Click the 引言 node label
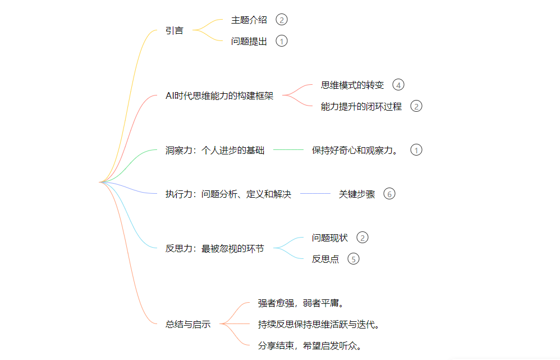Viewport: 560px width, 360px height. [x=175, y=31]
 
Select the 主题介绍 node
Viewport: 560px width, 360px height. [x=249, y=20]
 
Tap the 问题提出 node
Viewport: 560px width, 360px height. [x=249, y=41]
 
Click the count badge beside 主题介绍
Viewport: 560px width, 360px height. [x=282, y=20]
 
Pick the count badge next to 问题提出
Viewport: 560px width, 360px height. [x=282, y=41]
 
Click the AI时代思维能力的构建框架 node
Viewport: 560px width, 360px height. [x=219, y=96]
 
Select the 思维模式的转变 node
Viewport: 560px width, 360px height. [x=352, y=85]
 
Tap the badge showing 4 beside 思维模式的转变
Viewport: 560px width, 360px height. [x=398, y=85]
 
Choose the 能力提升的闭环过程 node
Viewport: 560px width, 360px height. [x=361, y=106]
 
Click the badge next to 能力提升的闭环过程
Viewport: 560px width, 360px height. [x=416, y=106]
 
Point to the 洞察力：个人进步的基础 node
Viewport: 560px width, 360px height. [x=215, y=150]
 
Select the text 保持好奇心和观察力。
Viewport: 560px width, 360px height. [x=355, y=150]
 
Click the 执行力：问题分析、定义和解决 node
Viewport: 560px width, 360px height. [x=228, y=194]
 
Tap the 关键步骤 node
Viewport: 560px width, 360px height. [x=357, y=194]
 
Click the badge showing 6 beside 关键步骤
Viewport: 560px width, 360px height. [x=389, y=194]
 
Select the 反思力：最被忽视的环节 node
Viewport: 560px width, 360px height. [x=215, y=248]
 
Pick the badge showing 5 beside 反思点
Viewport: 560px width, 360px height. [x=354, y=259]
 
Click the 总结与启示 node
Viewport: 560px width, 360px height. [x=188, y=324]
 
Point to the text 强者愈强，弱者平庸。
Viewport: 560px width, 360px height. [x=301, y=303]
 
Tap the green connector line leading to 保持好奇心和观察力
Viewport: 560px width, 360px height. [x=288, y=150]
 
